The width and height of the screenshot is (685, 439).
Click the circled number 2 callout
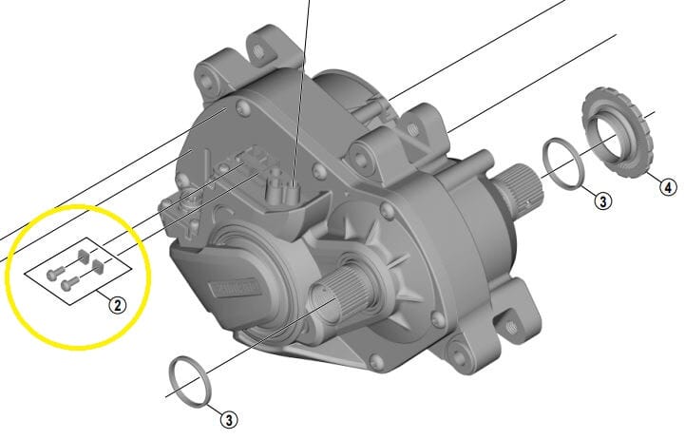click(x=117, y=305)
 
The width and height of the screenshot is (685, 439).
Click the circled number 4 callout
click(x=668, y=186)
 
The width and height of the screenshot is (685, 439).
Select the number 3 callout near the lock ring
click(x=602, y=200)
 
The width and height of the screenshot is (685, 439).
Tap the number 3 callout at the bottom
click(x=229, y=418)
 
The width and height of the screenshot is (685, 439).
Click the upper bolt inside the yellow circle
click(x=61, y=267)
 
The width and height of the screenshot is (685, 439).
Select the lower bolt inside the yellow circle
click(x=67, y=283)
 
